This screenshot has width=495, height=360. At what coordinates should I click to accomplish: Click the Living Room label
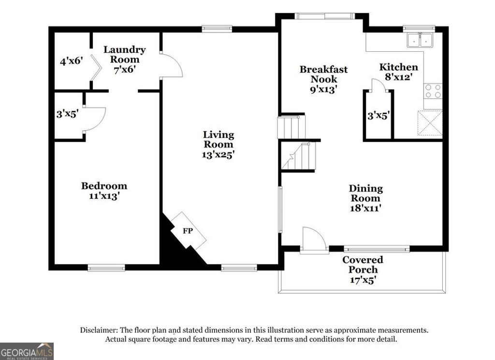(x=218, y=139)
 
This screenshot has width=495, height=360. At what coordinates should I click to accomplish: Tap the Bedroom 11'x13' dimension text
(x=104, y=196)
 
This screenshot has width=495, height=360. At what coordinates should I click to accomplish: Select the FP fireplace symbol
(x=188, y=231)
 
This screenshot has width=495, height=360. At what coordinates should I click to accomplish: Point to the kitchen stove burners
(x=433, y=91)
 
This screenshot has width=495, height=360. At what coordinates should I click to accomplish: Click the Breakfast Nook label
(x=323, y=74)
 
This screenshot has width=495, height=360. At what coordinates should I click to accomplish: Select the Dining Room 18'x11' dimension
(x=366, y=208)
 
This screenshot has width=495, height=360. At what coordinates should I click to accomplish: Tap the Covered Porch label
(x=363, y=265)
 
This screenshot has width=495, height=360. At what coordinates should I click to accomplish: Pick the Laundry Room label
(x=124, y=54)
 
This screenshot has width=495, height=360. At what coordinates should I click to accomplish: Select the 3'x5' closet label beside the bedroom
(x=67, y=115)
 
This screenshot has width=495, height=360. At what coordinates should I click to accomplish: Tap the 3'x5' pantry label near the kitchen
(x=378, y=116)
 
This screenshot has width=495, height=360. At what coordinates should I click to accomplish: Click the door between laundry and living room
(x=171, y=66)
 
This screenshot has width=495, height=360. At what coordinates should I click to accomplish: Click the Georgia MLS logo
(x=27, y=351)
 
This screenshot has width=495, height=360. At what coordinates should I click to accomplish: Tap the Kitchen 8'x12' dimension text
(x=398, y=76)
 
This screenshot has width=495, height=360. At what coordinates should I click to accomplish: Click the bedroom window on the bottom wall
(x=106, y=267)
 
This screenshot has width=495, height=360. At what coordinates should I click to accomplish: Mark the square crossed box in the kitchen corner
(x=430, y=123)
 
